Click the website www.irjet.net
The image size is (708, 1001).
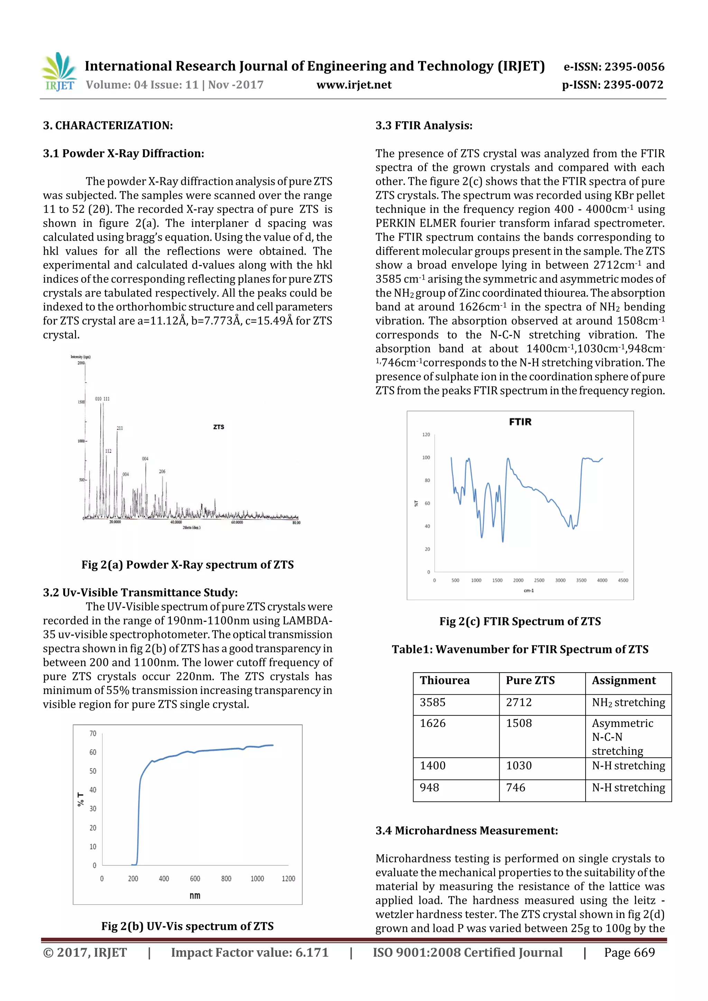click(x=354, y=85)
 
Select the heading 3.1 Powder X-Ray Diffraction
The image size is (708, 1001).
click(x=123, y=153)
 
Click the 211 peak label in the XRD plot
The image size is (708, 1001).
click(x=120, y=428)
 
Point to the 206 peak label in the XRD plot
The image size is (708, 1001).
click(x=162, y=471)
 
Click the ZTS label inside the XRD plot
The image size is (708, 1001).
click(x=218, y=427)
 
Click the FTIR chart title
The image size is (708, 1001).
click(x=520, y=422)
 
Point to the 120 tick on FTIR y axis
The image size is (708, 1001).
click(x=426, y=435)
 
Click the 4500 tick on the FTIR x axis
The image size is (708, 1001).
click(x=623, y=580)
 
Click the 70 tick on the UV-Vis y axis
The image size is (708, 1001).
click(x=93, y=733)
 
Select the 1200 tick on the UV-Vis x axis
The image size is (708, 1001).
click(x=288, y=879)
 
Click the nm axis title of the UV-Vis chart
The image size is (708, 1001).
click(x=195, y=896)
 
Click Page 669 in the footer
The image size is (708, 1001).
click(x=629, y=953)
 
